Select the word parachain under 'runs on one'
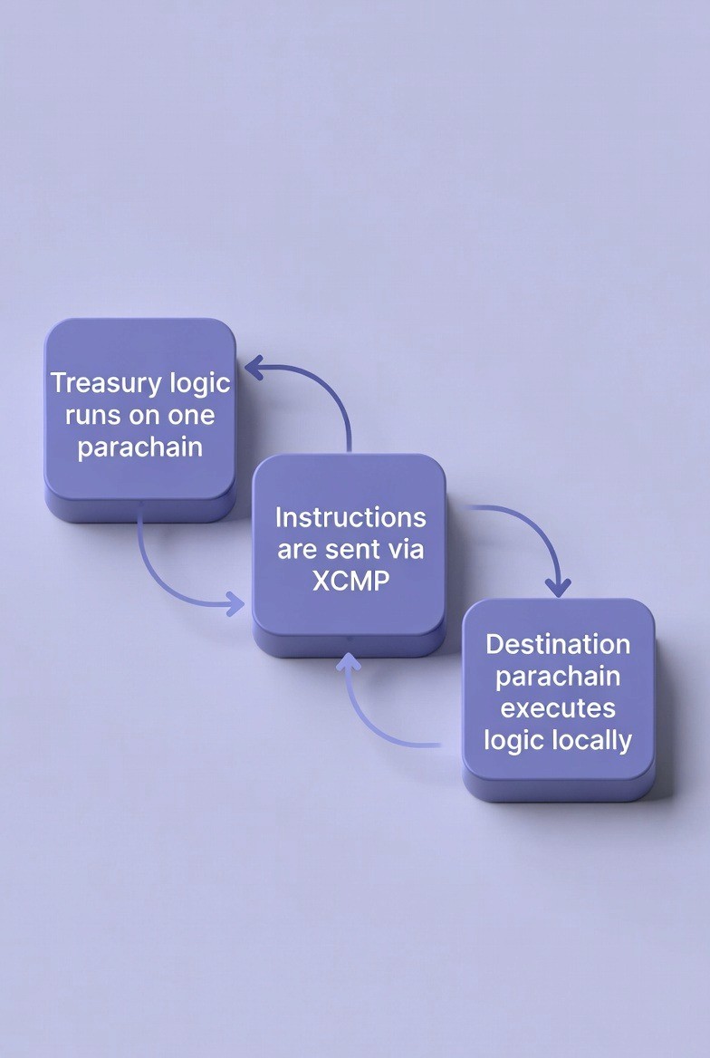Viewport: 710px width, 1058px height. (x=139, y=447)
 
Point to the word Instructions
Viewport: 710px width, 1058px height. (x=350, y=518)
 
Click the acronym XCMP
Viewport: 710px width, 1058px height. (x=350, y=581)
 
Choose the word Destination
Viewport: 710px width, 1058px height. (x=558, y=644)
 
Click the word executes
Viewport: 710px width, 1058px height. (x=558, y=707)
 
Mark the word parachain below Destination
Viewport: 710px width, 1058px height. (x=558, y=676)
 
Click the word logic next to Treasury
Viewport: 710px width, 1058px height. (x=200, y=383)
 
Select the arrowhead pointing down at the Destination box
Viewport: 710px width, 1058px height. (x=559, y=586)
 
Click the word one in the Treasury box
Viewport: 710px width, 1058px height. (x=191, y=416)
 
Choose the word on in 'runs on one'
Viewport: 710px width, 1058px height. (x=145, y=416)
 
